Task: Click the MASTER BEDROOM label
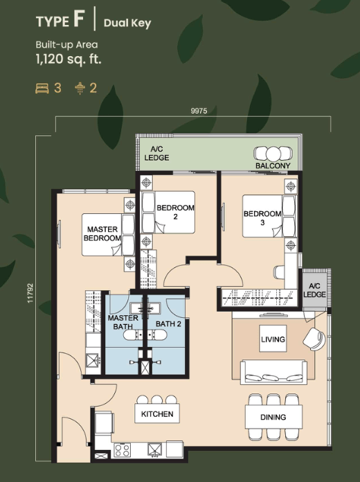click(x=102, y=233)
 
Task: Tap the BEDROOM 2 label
click(x=175, y=212)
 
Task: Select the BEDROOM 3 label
click(x=262, y=218)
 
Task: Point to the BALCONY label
click(x=273, y=166)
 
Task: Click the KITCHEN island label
click(x=157, y=414)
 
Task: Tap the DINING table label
click(x=273, y=417)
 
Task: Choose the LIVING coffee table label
click(x=273, y=339)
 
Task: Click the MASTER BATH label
click(x=123, y=322)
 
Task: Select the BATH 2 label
click(x=168, y=323)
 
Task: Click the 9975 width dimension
click(x=199, y=111)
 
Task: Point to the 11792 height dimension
click(x=30, y=293)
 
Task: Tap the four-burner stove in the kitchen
click(x=123, y=451)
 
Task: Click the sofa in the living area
click(x=273, y=373)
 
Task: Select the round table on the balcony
click(x=273, y=154)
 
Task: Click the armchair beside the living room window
click(x=314, y=339)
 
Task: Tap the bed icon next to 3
click(x=42, y=88)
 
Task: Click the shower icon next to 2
click(x=80, y=88)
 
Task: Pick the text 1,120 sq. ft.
click(x=69, y=59)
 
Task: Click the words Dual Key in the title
click(x=127, y=24)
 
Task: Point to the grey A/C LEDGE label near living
click(x=314, y=290)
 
